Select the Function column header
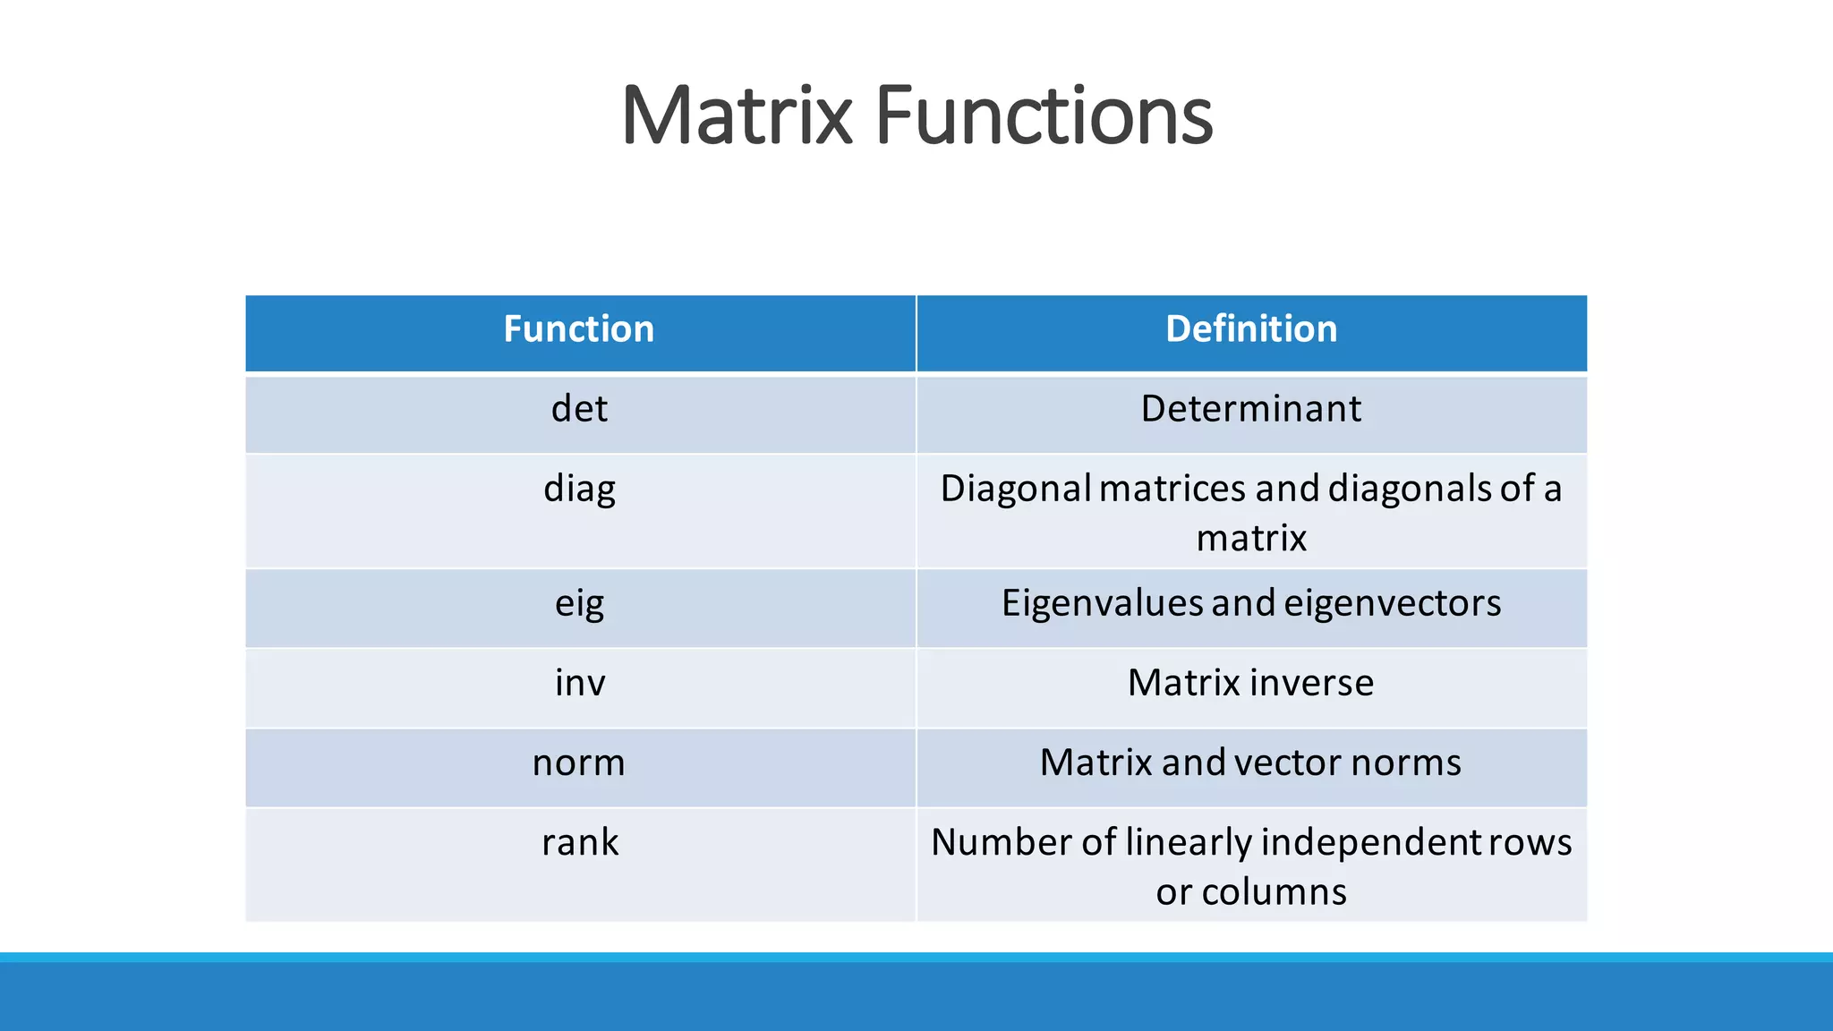click(x=579, y=329)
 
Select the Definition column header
click(x=1251, y=329)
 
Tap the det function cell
click(x=579, y=409)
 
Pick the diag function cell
click(x=579, y=490)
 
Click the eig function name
click(x=579, y=604)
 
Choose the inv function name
click(x=579, y=683)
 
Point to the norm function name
click(x=579, y=763)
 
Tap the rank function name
click(x=579, y=843)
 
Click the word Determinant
click(x=1251, y=409)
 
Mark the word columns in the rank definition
click(x=1274, y=892)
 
